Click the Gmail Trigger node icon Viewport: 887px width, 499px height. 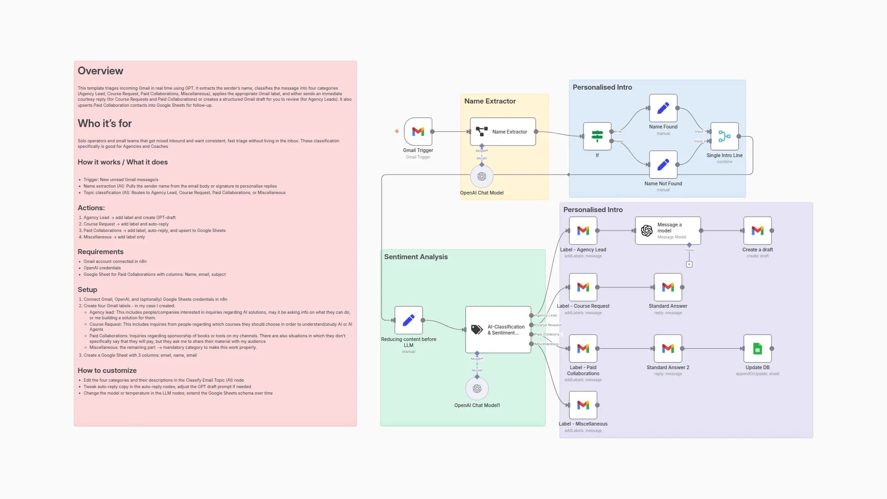coord(418,132)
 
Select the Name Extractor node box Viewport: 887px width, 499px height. coord(503,132)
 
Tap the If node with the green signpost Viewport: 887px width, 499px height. coord(597,136)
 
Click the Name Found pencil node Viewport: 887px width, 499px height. coord(663,108)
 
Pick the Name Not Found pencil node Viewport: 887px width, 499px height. coord(663,164)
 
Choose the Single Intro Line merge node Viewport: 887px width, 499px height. coord(724,136)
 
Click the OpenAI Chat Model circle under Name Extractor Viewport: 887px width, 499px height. coord(481,176)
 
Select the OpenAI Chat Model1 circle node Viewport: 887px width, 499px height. coord(477,389)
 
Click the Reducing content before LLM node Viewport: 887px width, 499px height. coord(408,320)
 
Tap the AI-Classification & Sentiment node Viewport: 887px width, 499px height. coord(498,329)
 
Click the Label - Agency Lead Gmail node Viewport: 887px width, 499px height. coord(583,231)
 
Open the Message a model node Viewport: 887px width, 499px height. coord(668,231)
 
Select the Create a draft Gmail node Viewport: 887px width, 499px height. coord(757,231)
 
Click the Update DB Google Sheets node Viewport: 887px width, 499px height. coord(757,349)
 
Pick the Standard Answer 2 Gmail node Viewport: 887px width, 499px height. coord(668,349)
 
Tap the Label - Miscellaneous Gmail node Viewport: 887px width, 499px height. coord(583,405)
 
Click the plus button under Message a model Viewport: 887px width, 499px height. coord(689,264)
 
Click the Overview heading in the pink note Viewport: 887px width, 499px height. coord(100,71)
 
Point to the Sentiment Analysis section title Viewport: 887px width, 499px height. coord(416,257)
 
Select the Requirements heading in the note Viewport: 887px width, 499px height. coord(100,252)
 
